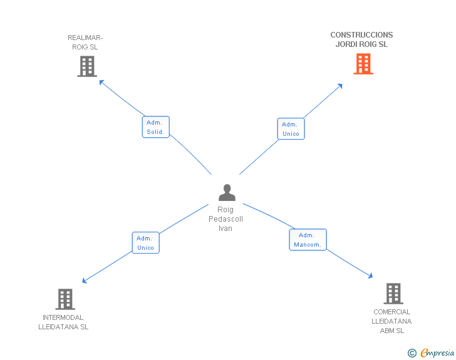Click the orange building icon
tap(363, 64)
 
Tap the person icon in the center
tap(227, 192)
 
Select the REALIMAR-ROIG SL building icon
tap(87, 66)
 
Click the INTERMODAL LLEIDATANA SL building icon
tap(65, 299)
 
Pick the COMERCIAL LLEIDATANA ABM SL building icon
tap(393, 294)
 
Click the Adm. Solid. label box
tap(155, 127)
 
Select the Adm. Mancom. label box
tap(308, 240)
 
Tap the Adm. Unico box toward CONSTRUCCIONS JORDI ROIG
tap(291, 129)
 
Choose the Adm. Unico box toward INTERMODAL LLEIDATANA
tap(146, 243)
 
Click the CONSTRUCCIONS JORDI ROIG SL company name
tap(361, 39)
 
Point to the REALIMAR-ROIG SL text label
tap(85, 42)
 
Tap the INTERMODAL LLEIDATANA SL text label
tap(63, 322)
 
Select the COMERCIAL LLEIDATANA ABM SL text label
tap(391, 321)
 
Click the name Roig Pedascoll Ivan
tap(225, 219)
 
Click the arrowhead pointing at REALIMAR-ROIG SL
tap(101, 82)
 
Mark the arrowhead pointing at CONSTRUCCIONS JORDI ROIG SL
tap(340, 86)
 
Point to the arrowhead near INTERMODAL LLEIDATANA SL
tap(85, 280)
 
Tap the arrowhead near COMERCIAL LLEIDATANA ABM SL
tap(370, 275)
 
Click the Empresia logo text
tap(437, 352)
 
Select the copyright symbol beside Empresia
tap(412, 353)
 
